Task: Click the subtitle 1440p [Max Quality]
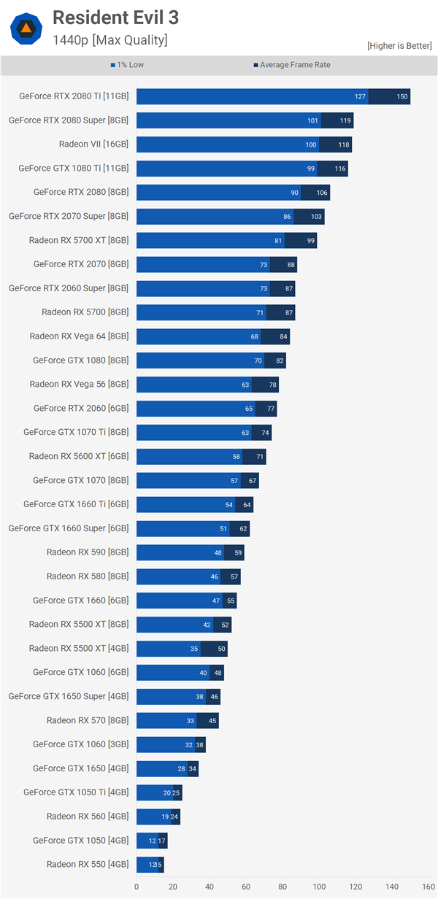click(109, 40)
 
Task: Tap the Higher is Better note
click(399, 45)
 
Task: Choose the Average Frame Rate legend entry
click(291, 65)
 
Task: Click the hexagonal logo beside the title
click(26, 28)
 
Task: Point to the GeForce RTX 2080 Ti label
click(74, 96)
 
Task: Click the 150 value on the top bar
click(402, 96)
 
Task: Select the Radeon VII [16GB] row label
click(93, 144)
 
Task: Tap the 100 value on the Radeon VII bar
click(311, 144)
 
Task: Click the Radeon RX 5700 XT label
click(79, 240)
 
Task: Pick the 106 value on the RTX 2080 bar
click(322, 193)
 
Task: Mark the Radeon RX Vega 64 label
click(79, 336)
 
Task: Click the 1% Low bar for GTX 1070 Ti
click(193, 433)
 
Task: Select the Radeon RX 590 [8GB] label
click(88, 552)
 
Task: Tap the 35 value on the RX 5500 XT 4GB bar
click(194, 649)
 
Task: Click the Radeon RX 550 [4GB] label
click(88, 865)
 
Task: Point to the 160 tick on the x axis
click(428, 887)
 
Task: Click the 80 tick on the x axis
click(283, 887)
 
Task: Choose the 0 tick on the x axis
click(137, 887)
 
